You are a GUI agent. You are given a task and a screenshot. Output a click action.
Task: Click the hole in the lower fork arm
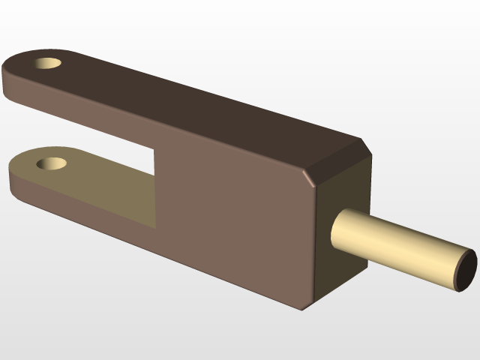54,162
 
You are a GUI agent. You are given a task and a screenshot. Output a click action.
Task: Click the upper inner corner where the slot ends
156,149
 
